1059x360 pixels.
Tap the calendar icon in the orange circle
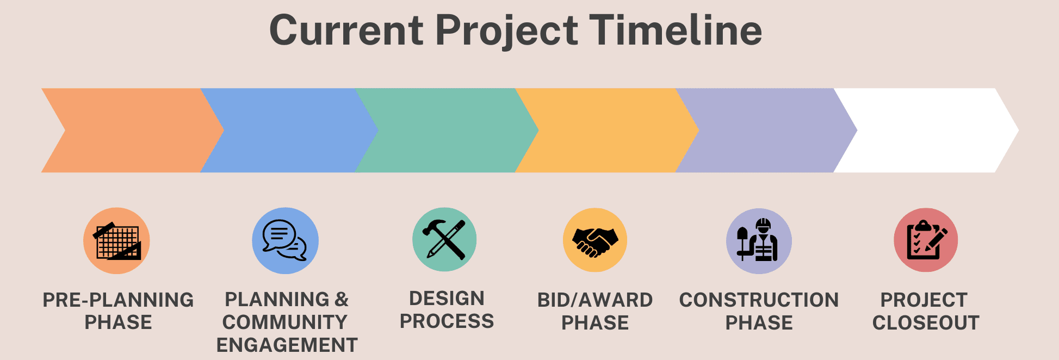pyautogui.click(x=117, y=240)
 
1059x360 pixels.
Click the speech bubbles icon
pyautogui.click(x=284, y=240)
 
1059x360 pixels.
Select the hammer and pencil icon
pyautogui.click(x=444, y=239)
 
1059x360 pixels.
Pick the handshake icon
pyautogui.click(x=595, y=241)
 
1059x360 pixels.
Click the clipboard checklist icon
pyautogui.click(x=926, y=240)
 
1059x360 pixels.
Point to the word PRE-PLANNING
pyautogui.click(x=118, y=300)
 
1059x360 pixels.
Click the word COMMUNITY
pyautogui.click(x=285, y=322)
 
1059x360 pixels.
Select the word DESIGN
pyautogui.click(x=447, y=298)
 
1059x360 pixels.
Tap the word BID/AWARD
pyautogui.click(x=595, y=300)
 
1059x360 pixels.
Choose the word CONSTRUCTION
pyautogui.click(x=759, y=300)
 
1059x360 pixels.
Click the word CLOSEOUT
pyautogui.click(x=926, y=322)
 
